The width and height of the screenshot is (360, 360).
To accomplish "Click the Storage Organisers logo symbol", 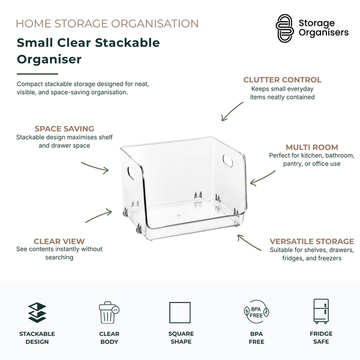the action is [284, 28].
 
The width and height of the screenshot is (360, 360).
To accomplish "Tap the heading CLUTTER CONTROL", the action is [282, 80].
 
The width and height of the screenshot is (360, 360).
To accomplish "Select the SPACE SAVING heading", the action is [64, 128].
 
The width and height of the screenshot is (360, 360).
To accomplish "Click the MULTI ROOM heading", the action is [312, 147].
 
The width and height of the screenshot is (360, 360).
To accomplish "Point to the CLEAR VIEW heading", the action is [59, 241].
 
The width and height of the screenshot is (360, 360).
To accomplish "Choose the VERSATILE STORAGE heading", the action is [312, 241].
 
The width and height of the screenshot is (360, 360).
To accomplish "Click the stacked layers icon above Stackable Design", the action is [37, 313].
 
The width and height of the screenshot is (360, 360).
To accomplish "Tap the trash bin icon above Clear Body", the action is [109, 313].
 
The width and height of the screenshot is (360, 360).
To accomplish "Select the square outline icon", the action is [180, 313].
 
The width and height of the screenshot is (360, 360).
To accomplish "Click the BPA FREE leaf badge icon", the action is [256, 312].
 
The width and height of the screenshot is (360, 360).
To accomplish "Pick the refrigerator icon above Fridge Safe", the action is [321, 311].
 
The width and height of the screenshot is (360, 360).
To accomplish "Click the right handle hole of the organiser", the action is [227, 160].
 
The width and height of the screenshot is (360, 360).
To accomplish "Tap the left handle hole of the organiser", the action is [131, 173].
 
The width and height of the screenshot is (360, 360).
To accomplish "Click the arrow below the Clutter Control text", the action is [232, 112].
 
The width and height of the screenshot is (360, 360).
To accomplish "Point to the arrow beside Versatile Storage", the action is [249, 242].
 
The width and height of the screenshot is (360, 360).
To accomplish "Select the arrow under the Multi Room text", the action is [262, 178].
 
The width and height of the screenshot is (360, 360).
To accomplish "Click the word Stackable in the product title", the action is [127, 43].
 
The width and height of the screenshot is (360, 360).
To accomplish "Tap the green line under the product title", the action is [37, 74].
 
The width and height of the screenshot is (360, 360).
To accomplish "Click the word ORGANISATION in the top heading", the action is [155, 23].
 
